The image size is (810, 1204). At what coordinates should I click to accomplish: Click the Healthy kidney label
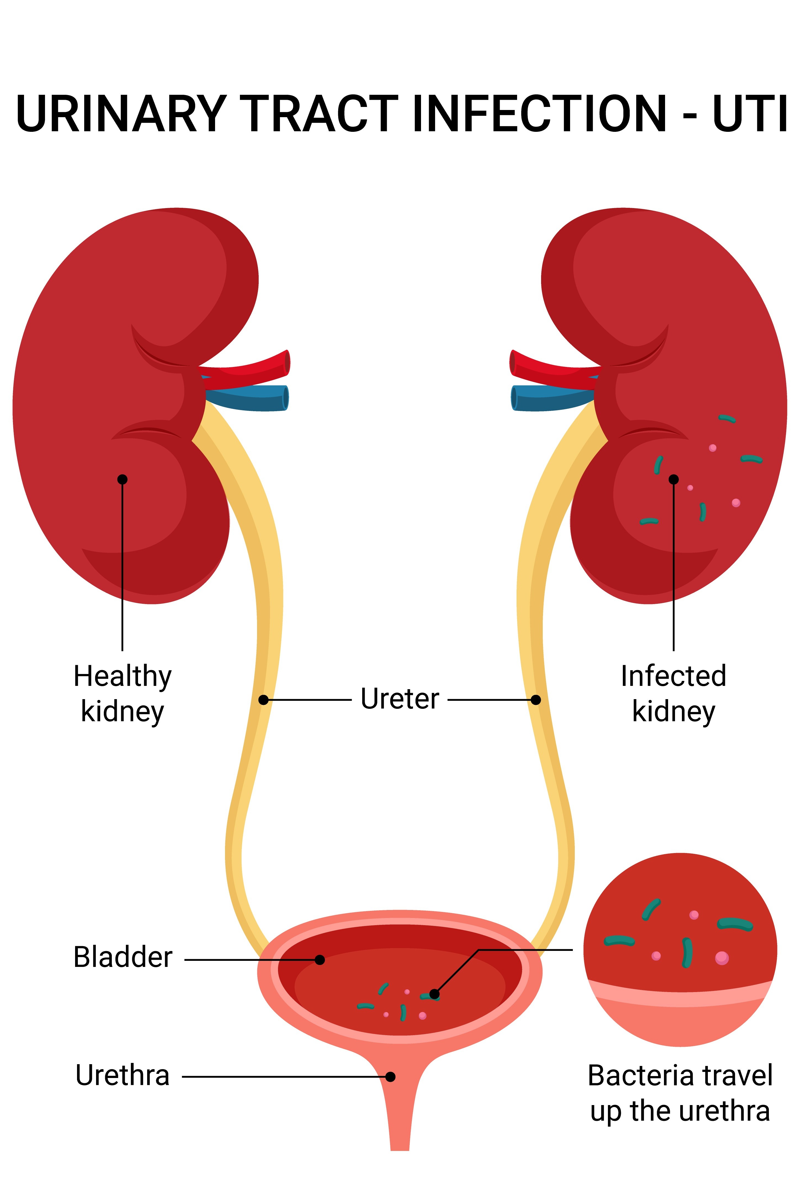(122, 694)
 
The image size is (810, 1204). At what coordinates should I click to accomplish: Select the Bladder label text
(123, 957)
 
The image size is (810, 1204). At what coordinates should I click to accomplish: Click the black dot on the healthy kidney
(122, 479)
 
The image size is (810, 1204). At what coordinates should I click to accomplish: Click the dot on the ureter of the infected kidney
(536, 699)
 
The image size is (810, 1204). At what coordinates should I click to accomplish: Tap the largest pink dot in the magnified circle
(722, 958)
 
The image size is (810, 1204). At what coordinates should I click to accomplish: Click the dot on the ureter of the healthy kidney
(263, 699)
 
